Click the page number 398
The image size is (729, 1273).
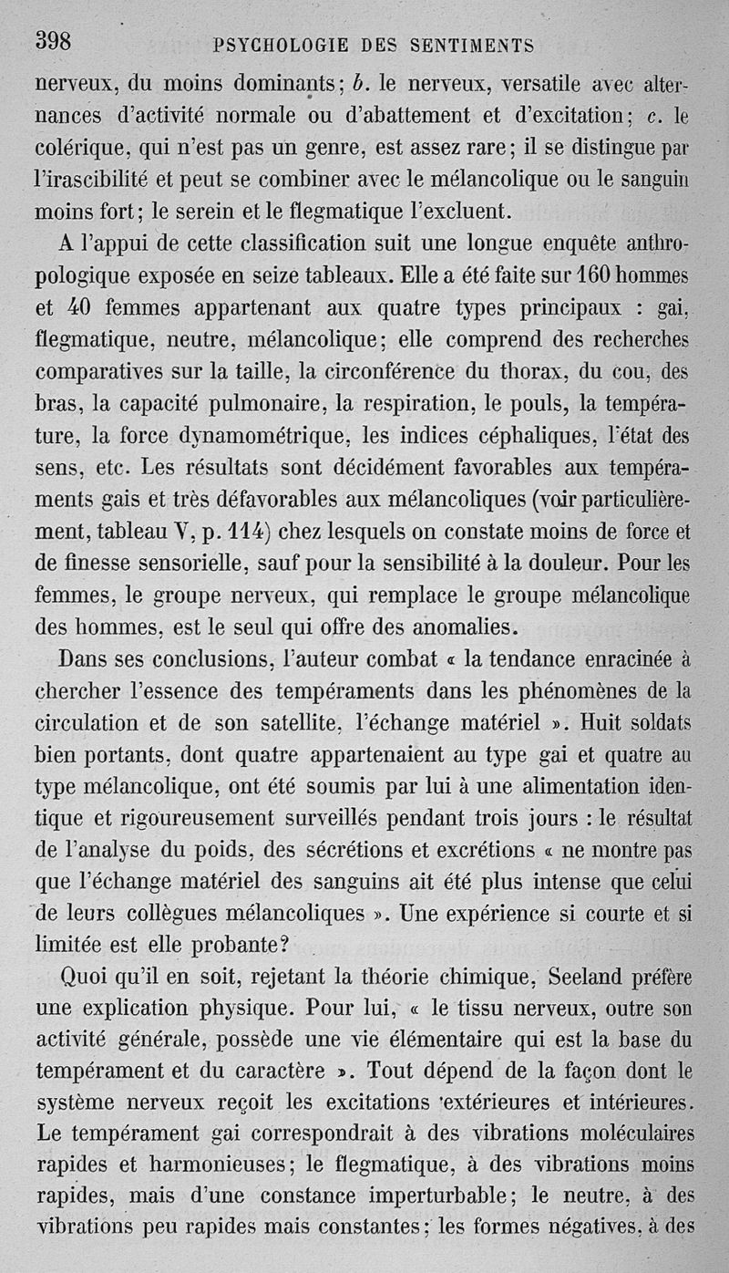53,41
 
